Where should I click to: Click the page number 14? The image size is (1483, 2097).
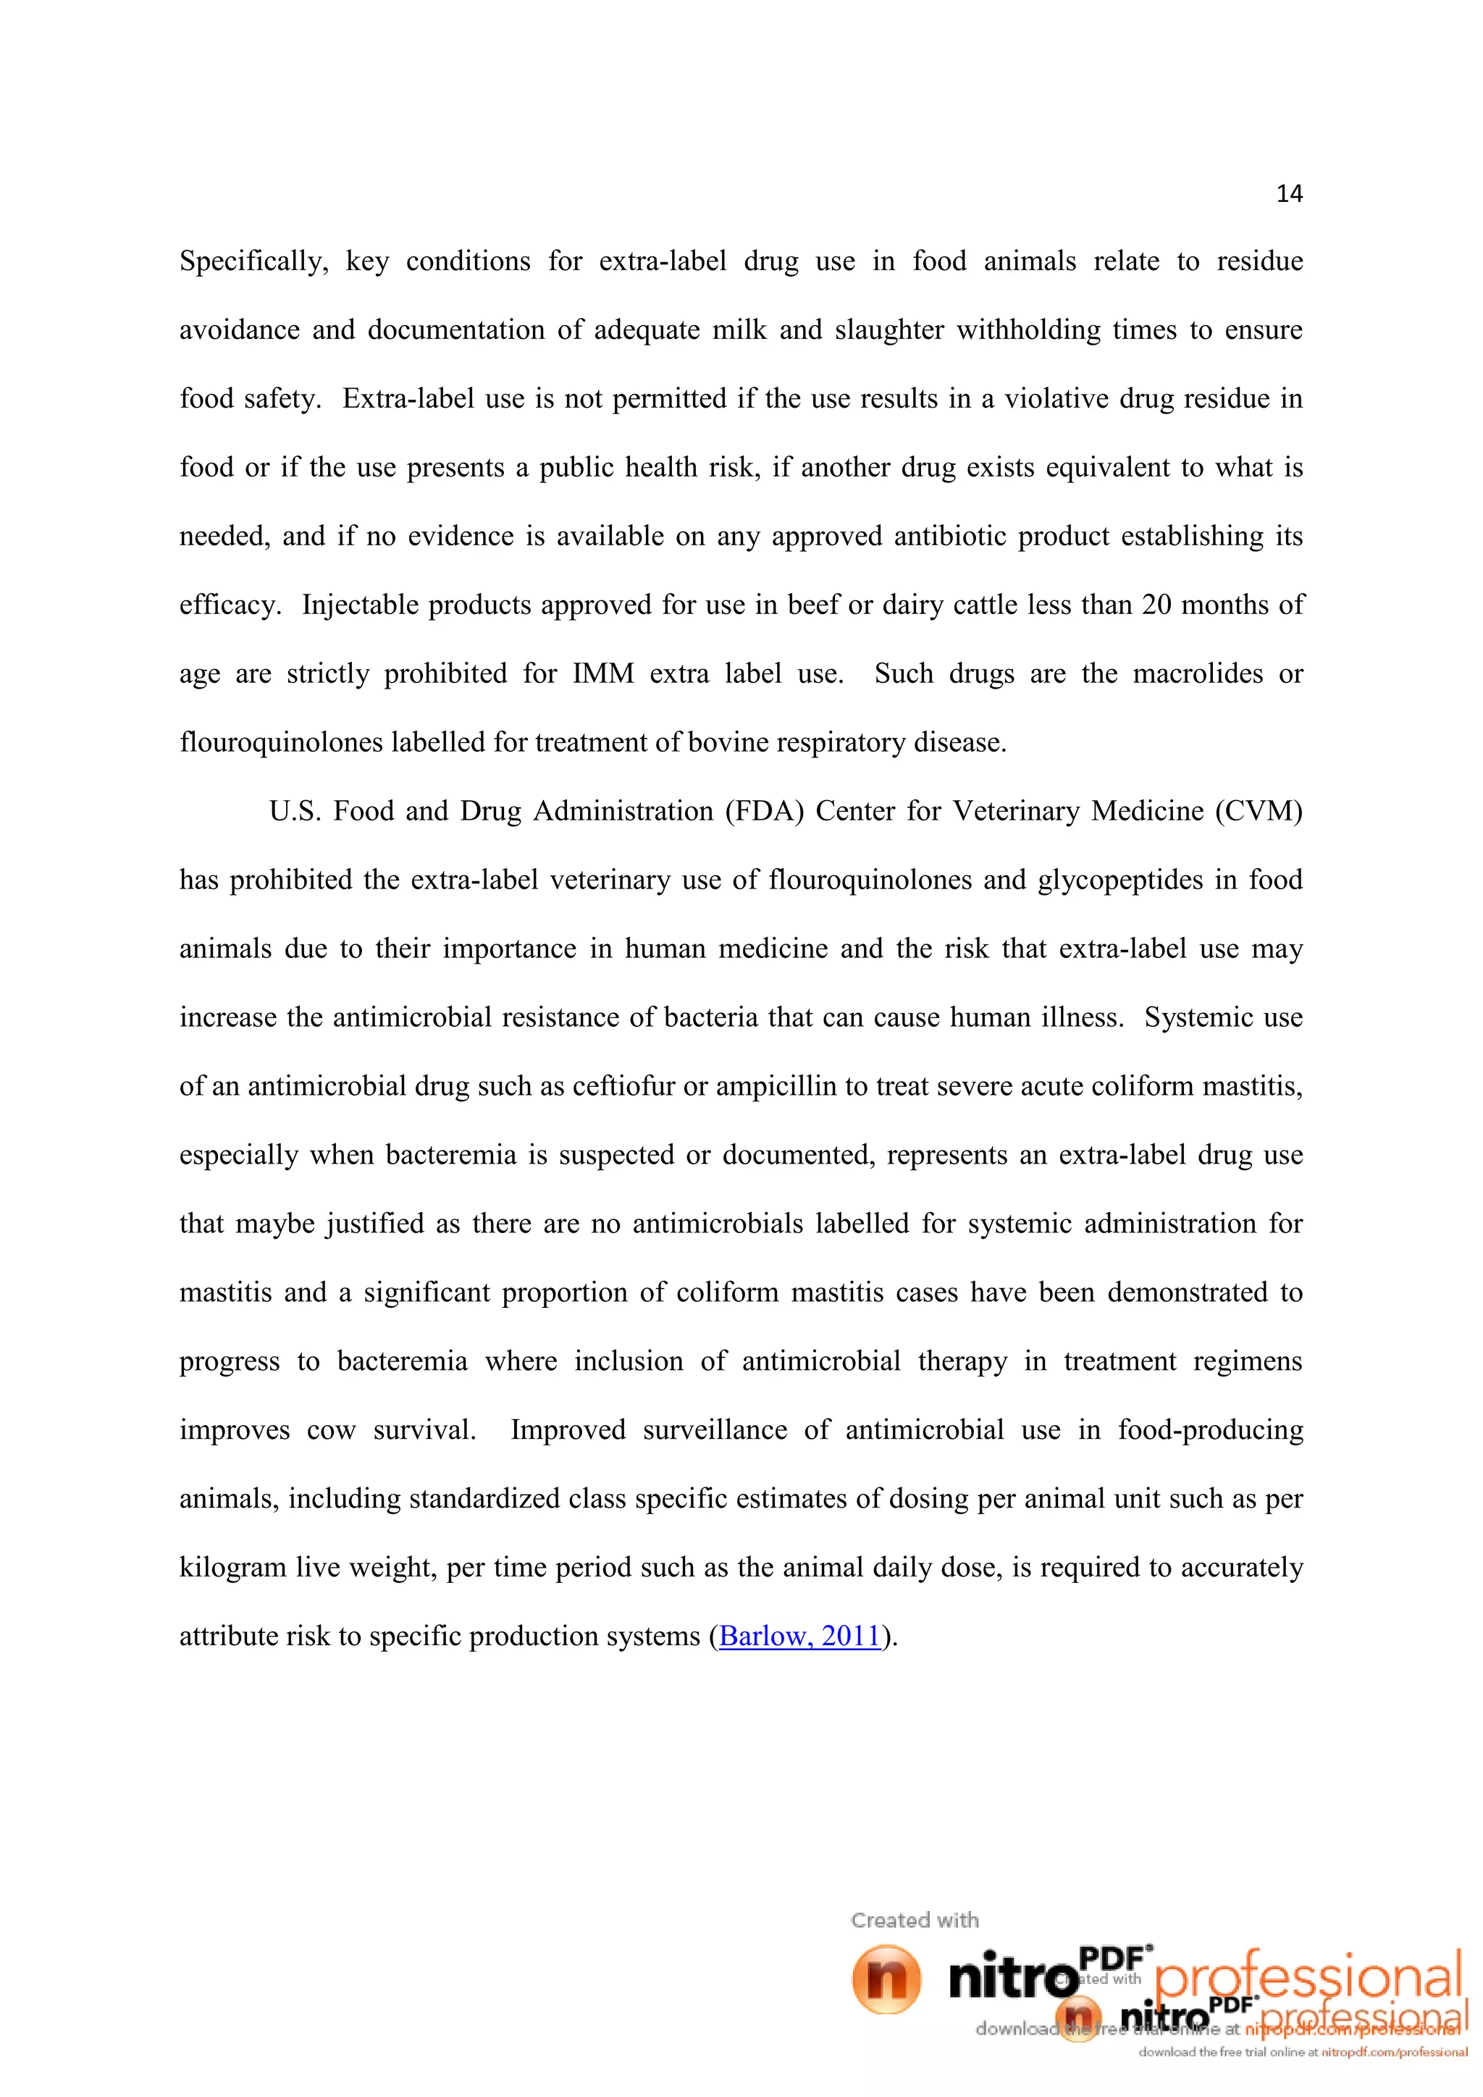[x=1288, y=193]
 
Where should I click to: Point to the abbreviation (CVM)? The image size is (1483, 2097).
[x=1259, y=811]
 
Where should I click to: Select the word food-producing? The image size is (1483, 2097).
[x=1210, y=1429]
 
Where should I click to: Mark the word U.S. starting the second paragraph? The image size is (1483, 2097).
[x=294, y=811]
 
